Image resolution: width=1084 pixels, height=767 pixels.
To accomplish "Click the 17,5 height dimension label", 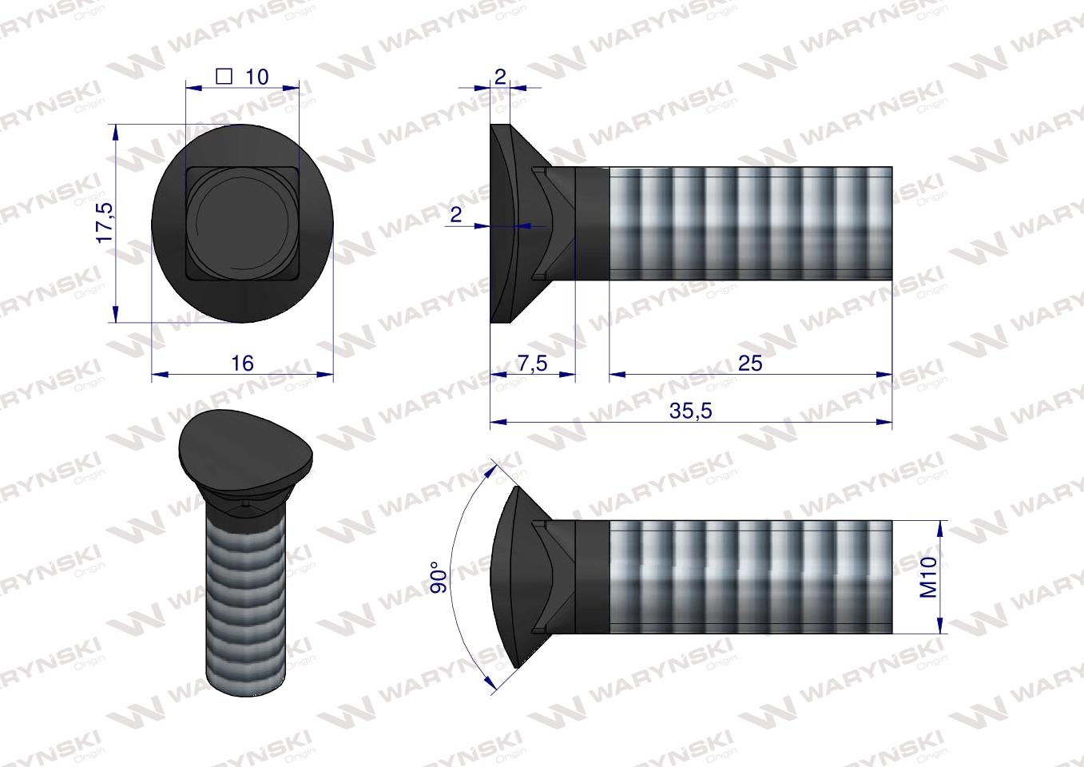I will point(105,223).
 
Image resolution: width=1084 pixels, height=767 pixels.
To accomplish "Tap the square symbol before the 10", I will point(224,77).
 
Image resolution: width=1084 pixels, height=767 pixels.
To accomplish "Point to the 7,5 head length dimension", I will point(532,364).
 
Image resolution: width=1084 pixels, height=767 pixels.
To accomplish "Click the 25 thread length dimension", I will point(749,364).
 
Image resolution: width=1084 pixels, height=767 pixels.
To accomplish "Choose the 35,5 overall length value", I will point(690,411).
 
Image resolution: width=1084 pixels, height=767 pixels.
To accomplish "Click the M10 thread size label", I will point(929,577).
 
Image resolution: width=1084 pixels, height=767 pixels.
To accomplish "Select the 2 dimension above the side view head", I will point(500,77).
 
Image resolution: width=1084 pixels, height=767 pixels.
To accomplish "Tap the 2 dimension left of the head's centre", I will point(456,214).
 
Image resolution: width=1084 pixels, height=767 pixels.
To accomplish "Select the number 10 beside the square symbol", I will point(257,77).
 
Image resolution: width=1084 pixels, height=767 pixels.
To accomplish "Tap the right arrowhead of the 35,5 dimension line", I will point(886,421).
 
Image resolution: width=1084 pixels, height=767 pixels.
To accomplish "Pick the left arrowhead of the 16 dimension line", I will point(158,373).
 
